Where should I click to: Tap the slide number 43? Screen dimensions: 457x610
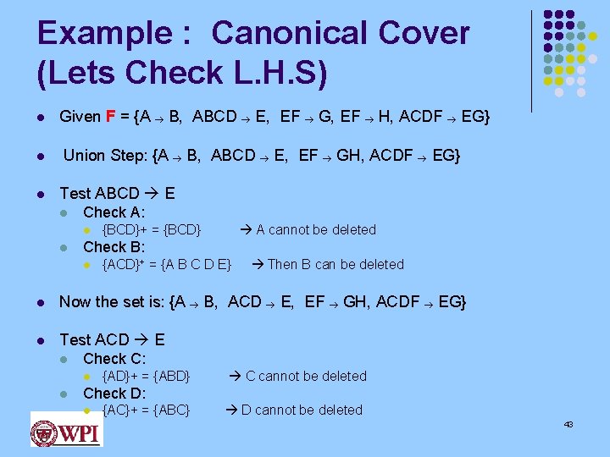(568, 424)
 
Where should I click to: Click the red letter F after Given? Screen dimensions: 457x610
(111, 116)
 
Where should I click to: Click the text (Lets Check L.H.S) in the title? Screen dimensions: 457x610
(182, 74)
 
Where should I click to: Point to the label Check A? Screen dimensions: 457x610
(114, 212)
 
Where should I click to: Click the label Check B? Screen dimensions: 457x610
(114, 247)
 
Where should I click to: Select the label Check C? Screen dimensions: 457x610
(114, 359)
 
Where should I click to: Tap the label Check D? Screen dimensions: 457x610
(114, 393)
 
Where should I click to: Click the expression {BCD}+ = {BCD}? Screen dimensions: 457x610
(152, 229)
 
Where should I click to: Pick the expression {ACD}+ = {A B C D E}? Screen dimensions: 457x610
(167, 264)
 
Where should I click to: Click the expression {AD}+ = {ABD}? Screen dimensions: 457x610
(146, 376)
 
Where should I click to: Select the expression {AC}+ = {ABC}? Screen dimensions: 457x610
(146, 410)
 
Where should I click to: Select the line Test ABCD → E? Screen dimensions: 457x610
(117, 194)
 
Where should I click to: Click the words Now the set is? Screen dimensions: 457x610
(112, 301)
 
